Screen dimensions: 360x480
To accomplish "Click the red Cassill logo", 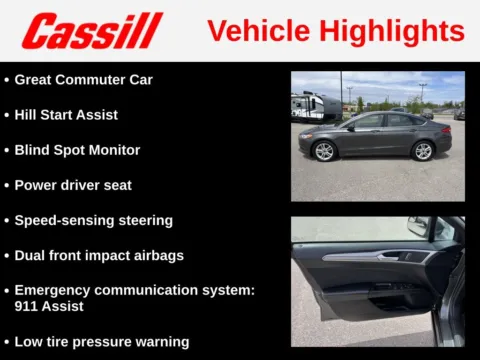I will click(x=92, y=31).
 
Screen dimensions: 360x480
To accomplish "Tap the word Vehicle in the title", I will click(x=258, y=30).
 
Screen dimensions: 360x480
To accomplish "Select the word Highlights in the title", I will click(x=392, y=30).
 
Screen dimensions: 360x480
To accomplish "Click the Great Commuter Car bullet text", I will click(x=84, y=79).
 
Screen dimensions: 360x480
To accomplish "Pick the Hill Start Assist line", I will click(x=66, y=114).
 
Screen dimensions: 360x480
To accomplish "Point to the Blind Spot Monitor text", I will click(x=77, y=150).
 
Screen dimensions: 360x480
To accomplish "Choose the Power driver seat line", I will click(x=73, y=185).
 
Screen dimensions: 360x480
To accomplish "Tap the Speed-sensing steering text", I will click(x=93, y=220).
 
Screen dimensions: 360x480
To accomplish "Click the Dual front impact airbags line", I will click(x=99, y=255).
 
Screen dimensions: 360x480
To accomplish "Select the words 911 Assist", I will click(x=48, y=307).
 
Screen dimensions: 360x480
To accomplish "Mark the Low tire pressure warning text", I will click(x=101, y=342).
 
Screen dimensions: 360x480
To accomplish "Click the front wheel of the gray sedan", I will click(x=324, y=151).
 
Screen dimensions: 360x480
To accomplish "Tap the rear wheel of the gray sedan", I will click(x=423, y=151).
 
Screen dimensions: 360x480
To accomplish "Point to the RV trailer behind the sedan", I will click(x=316, y=106).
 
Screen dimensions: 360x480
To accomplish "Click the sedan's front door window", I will click(x=366, y=122).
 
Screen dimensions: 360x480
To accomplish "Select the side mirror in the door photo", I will click(x=418, y=226).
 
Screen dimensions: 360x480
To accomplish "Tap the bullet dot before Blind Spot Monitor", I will click(x=7, y=150).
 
